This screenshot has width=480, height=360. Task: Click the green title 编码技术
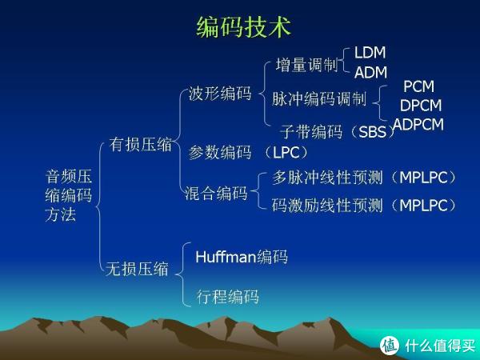click(243, 27)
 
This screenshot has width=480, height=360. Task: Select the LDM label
click(370, 53)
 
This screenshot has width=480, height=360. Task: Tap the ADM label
click(370, 73)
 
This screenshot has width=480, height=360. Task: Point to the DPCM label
click(421, 106)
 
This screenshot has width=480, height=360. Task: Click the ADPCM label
click(418, 124)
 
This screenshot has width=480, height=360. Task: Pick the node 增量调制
click(306, 66)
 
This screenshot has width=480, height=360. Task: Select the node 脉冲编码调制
click(319, 99)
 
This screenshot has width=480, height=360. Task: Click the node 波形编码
click(220, 94)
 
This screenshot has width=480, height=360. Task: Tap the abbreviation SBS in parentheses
click(372, 132)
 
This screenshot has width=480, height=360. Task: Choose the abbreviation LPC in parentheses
click(286, 153)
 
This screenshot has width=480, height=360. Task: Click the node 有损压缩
click(141, 145)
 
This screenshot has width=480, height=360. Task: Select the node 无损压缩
click(137, 269)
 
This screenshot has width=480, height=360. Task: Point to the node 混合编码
click(216, 194)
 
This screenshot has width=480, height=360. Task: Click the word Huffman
click(226, 257)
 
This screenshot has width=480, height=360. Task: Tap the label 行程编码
click(228, 297)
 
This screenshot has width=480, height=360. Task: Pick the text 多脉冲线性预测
click(327, 178)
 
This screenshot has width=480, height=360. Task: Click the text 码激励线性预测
click(327, 205)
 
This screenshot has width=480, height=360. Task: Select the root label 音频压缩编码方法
click(69, 196)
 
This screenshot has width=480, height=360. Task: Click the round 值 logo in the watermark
click(390, 346)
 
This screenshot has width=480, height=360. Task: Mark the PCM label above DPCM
click(418, 86)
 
